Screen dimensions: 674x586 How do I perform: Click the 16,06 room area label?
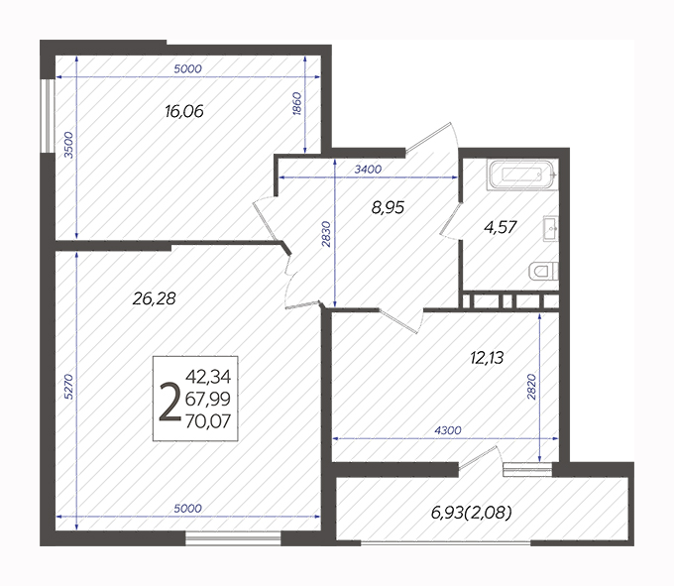coord(184,112)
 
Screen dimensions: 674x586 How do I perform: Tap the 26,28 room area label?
coord(154,298)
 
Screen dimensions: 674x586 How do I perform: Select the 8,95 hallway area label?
coord(388,207)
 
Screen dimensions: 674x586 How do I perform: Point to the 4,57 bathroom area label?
coord(500,227)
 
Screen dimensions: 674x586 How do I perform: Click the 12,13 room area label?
coord(487,358)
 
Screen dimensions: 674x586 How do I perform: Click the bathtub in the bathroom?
coord(522,175)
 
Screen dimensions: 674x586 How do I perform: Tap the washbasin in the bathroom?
coord(551,229)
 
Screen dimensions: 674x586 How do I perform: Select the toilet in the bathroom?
coord(543,272)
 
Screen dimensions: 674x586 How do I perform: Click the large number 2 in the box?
coord(169,403)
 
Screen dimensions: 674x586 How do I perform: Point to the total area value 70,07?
coord(208,421)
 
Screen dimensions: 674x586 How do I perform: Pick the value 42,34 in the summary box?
coord(208,377)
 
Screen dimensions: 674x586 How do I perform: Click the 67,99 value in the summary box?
coord(208,399)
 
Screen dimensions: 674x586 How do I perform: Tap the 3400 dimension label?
coord(368,170)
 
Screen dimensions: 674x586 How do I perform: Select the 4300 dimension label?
coord(448,430)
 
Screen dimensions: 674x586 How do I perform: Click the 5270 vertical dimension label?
coord(68,387)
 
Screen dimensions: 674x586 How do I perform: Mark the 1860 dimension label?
coord(297,103)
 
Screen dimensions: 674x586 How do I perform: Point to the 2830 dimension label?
coord(327,234)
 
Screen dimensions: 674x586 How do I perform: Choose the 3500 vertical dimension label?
coord(68,145)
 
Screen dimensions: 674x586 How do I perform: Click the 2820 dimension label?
coord(531,387)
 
